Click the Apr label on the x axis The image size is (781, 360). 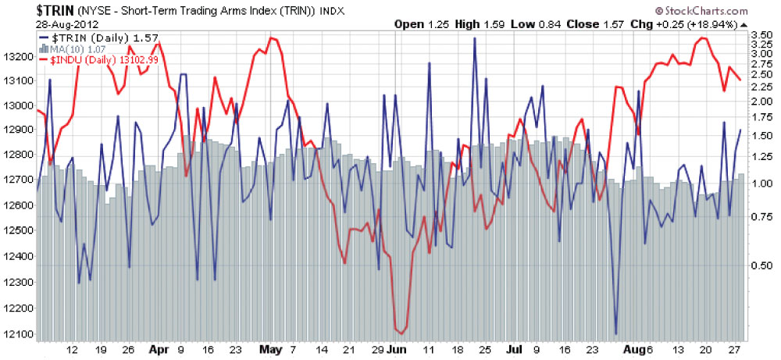coord(159,350)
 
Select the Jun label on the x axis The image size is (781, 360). coord(398,350)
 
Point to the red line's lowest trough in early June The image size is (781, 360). coord(402,333)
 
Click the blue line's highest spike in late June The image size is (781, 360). coord(474,38)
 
